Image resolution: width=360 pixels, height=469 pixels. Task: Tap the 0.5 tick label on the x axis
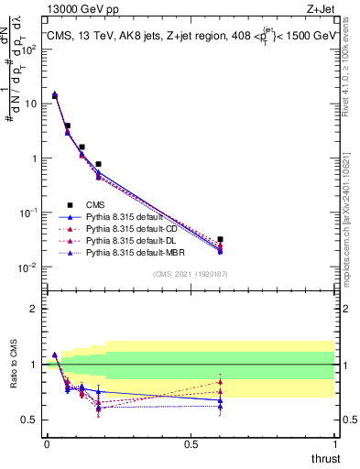(191, 444)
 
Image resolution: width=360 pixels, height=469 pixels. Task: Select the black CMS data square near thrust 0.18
(98, 164)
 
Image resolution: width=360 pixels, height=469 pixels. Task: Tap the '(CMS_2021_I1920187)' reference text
(191, 274)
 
